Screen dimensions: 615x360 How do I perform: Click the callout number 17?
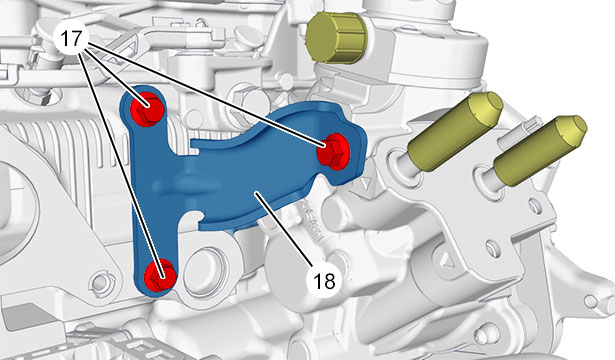71,39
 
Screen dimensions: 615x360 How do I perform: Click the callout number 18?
324,280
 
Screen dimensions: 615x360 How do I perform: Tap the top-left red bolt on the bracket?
147,109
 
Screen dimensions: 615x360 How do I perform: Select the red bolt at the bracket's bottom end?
160,275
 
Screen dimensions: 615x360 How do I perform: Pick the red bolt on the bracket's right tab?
333,151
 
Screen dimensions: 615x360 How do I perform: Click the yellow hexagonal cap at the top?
336,38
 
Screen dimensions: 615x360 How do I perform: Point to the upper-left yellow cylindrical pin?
455,131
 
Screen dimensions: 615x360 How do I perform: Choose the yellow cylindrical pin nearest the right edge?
540,150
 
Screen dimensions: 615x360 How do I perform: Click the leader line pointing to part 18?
283,229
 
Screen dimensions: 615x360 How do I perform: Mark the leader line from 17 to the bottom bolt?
121,164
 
